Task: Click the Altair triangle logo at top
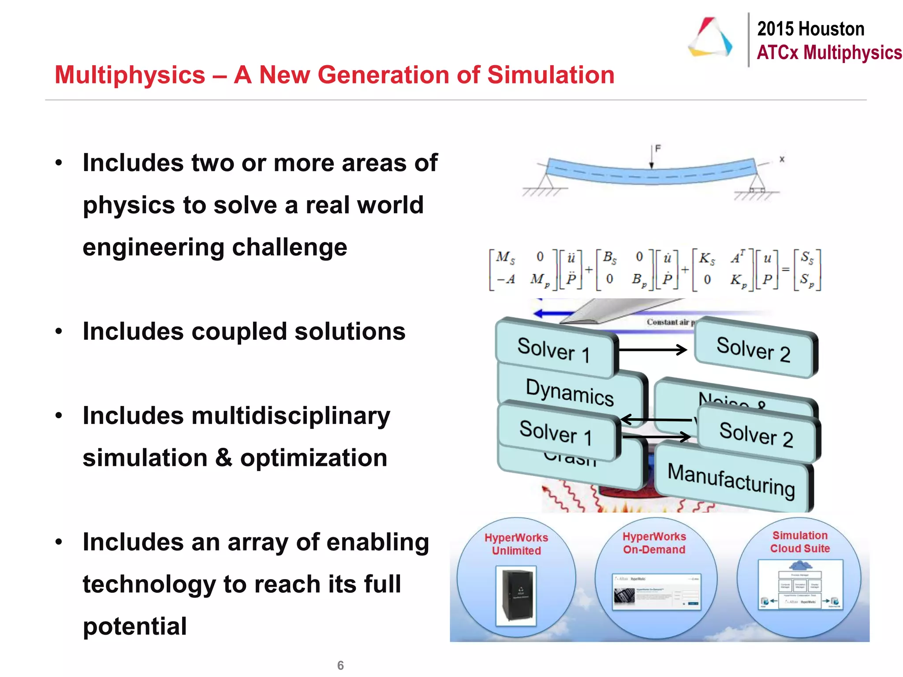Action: click(x=710, y=37)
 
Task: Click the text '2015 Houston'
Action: click(x=810, y=29)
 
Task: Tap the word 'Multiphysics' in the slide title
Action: click(x=130, y=74)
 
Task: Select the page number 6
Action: click(x=340, y=665)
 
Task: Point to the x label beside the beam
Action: click(x=782, y=159)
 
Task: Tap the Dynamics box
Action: click(x=570, y=391)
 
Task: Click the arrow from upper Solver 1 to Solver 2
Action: click(x=653, y=350)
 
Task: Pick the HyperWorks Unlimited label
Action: click(x=516, y=544)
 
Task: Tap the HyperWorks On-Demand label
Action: click(x=654, y=543)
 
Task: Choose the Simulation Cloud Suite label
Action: click(x=800, y=542)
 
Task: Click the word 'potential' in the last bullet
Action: click(x=134, y=626)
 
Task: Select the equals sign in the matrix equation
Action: click(x=785, y=268)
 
